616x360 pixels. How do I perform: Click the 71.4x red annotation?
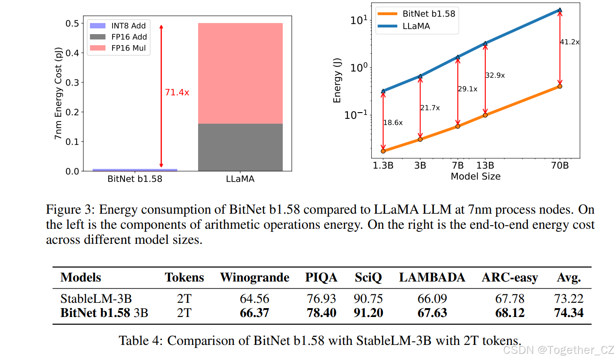pos(177,93)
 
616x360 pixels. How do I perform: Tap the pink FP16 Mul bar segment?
pos(240,73)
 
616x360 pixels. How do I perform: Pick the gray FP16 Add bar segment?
pos(240,147)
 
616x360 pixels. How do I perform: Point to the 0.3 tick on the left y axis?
pos(71,82)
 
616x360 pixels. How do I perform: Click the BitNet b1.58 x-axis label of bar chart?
pos(135,180)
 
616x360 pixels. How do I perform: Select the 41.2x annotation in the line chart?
pos(569,42)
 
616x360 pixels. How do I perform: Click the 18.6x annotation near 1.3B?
pos(393,123)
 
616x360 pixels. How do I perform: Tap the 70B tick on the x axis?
pos(559,165)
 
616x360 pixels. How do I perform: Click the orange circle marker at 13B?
pos(485,115)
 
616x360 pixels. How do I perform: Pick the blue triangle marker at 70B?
pos(560,10)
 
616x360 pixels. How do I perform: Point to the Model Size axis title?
pos(475,176)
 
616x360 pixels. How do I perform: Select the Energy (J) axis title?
pos(337,82)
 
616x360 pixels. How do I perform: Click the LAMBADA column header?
pos(432,278)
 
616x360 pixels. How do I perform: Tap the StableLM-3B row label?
pos(96,299)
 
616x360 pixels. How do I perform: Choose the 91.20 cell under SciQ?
pos(368,313)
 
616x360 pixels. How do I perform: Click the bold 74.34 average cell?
pos(569,313)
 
